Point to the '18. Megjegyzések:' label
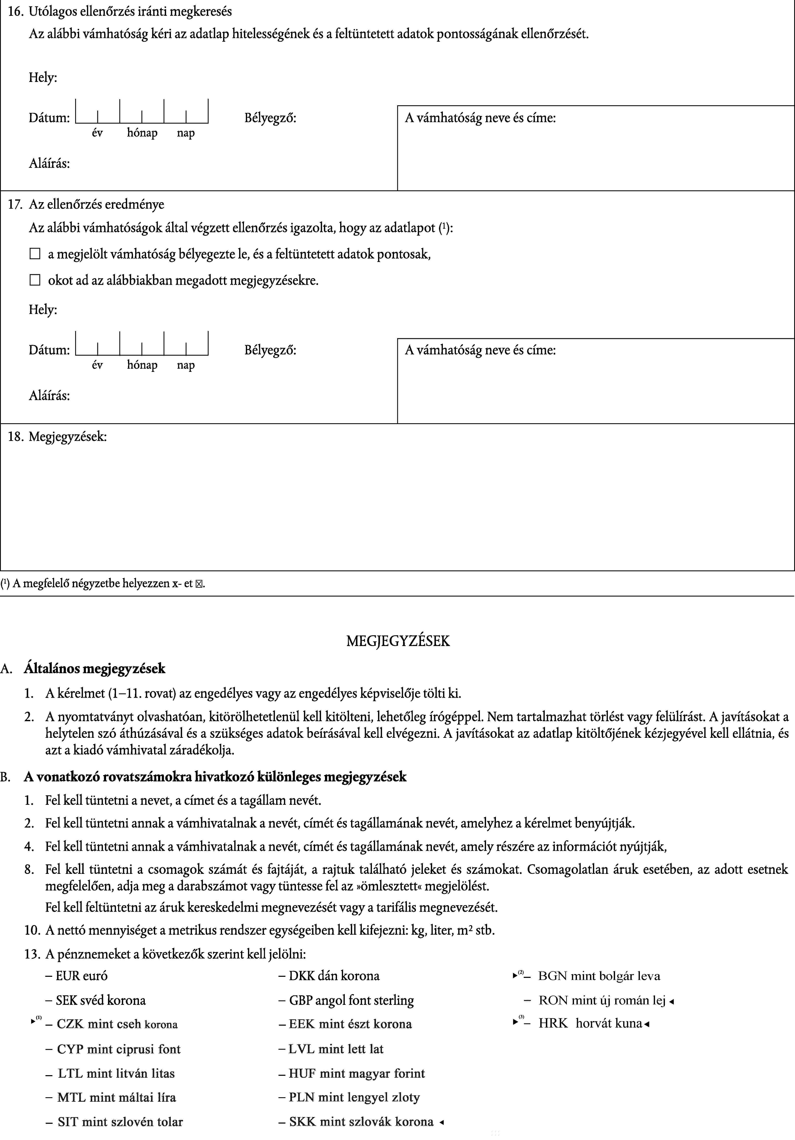tap(57, 437)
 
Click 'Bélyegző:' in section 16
tap(270, 118)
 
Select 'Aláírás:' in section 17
tap(49, 396)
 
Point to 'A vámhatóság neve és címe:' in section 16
tap(480, 118)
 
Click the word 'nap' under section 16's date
tap(186, 133)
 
